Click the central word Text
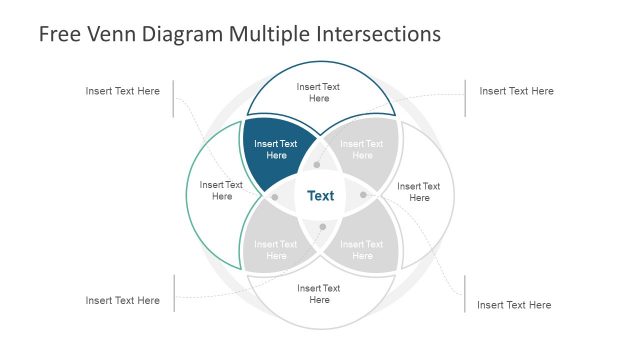320,196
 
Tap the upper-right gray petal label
362,149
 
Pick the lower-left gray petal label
275,250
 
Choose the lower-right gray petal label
362,250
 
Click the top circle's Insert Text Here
319,92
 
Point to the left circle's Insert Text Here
221,190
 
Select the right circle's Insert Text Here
418,191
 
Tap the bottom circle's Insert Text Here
319,294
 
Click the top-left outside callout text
122,91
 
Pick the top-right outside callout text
516,91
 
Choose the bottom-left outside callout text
122,300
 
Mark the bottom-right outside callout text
514,305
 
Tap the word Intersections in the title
379,34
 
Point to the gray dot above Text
317,164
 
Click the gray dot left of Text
275,197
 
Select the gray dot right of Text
363,194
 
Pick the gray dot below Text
322,227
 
